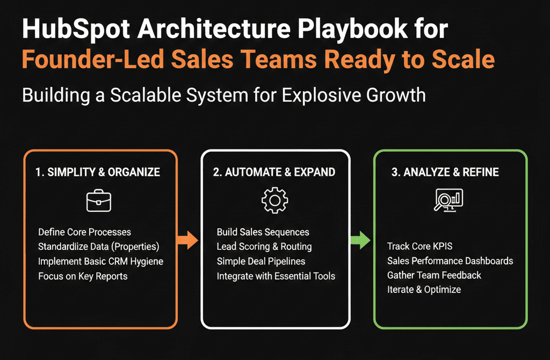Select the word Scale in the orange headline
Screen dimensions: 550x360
463,59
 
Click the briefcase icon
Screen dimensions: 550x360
99,200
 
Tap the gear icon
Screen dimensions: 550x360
274,200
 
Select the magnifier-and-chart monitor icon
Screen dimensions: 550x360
448,200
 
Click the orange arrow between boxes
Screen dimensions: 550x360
187,240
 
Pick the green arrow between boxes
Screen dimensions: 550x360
360,240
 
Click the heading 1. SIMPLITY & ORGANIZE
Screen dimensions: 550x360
98,172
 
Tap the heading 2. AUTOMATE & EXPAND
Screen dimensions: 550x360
274,172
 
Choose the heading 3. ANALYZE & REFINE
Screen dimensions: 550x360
445,172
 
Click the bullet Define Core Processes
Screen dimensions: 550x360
84,232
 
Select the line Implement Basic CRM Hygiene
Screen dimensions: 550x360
100,262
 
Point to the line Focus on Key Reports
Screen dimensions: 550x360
83,276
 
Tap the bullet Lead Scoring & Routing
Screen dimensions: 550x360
264,247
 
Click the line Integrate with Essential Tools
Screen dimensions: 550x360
276,276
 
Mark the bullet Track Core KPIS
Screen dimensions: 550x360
420,246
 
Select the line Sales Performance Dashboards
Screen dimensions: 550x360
450,261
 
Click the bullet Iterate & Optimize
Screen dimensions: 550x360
424,290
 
